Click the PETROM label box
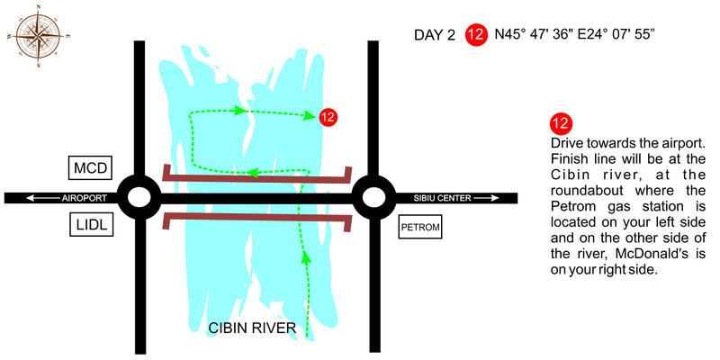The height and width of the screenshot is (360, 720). pyautogui.click(x=420, y=227)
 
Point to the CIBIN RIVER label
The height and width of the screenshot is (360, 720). pyautogui.click(x=251, y=328)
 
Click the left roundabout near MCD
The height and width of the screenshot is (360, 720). pyautogui.click(x=139, y=197)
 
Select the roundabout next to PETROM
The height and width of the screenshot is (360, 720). pyautogui.click(x=373, y=197)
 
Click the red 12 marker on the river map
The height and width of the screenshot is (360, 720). pyautogui.click(x=328, y=116)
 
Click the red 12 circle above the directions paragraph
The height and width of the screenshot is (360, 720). pyautogui.click(x=561, y=124)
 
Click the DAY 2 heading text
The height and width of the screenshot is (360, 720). pyautogui.click(x=436, y=36)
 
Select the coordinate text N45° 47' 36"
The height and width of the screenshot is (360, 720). pyautogui.click(x=537, y=36)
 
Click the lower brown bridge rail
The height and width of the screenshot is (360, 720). pyautogui.click(x=256, y=217)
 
